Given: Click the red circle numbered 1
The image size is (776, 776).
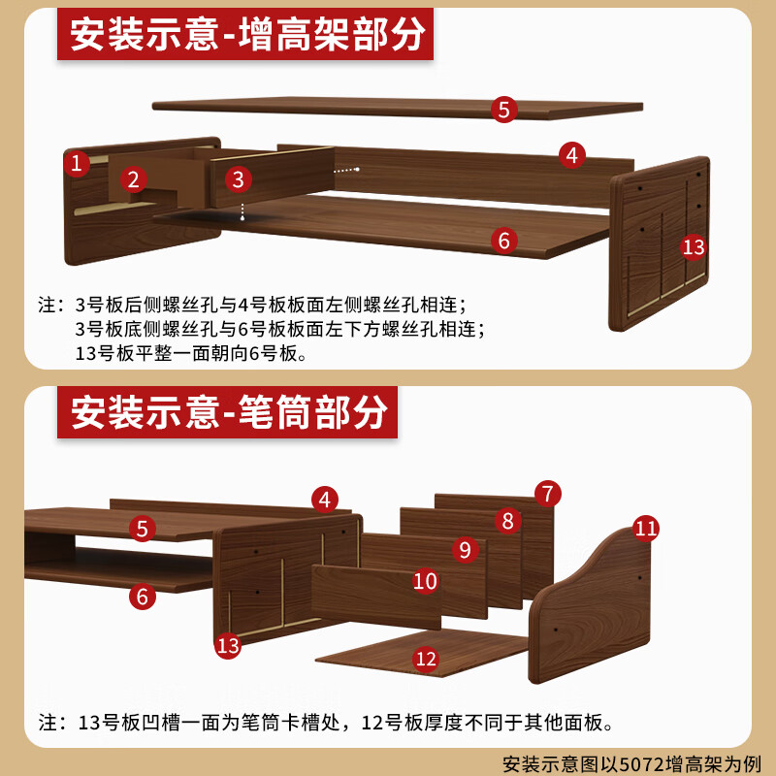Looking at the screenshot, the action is pos(77,163).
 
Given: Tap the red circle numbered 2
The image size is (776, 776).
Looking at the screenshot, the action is pos(133,179).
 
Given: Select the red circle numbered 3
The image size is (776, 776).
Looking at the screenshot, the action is pos(238,179).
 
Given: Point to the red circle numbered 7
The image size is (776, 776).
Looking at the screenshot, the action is pos(548,494).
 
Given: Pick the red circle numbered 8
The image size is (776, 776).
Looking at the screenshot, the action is pos(507,521).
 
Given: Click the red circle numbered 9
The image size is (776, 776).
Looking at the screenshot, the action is pos(466,549).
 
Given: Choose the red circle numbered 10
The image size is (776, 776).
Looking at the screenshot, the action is pos(426,581).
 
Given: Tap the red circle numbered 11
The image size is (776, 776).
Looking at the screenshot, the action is pos(646,529).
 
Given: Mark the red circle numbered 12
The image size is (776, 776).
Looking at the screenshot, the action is pos(426,659).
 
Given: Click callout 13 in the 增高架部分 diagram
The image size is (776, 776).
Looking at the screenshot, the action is pos(694,247).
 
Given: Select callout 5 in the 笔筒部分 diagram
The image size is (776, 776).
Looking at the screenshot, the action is pos(143,529).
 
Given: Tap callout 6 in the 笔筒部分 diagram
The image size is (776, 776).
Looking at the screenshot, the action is pos(143,597).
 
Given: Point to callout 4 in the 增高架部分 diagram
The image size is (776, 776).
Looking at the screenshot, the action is pos(572,155).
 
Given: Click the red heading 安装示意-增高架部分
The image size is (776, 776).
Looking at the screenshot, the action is pos(245,34).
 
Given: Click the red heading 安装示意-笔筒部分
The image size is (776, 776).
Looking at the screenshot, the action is pos(227,412).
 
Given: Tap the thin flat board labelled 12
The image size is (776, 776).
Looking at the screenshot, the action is pos(421,652).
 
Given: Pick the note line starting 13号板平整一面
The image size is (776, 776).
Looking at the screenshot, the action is pos(191,353).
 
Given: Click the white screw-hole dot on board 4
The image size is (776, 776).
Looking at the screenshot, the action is pos(357,169).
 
